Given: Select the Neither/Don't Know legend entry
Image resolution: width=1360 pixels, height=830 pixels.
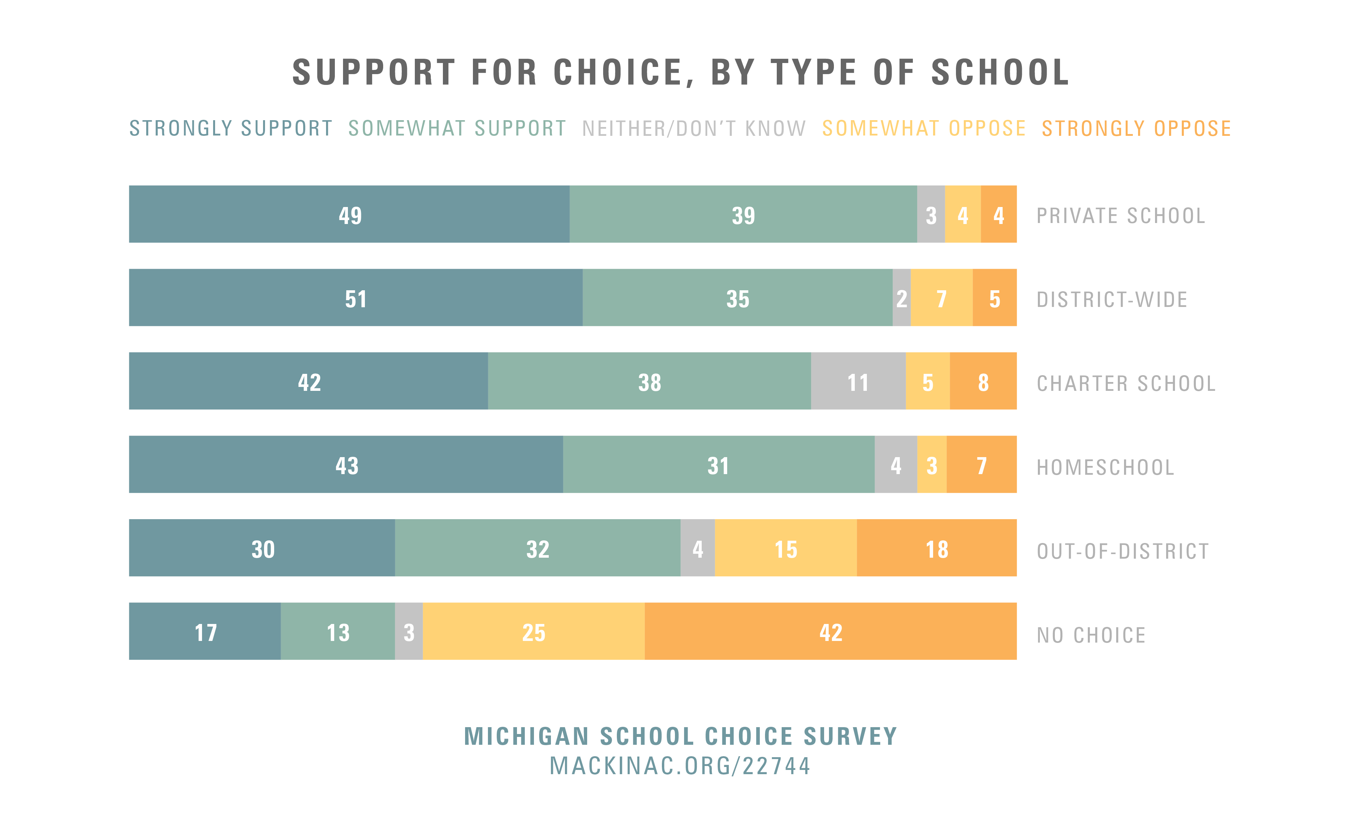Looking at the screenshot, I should [x=694, y=129].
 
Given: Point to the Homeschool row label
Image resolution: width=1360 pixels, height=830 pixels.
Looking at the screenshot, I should [x=1105, y=467].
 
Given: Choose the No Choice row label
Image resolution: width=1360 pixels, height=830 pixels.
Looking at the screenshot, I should [x=1091, y=635].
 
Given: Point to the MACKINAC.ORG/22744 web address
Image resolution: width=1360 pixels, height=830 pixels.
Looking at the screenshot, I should [x=680, y=766].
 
